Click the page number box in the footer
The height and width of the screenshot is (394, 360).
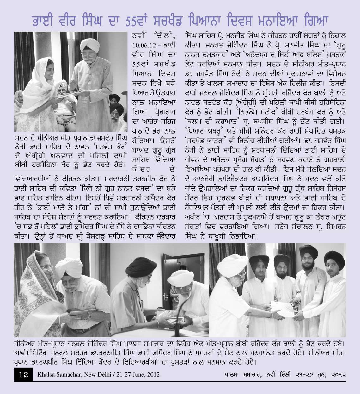(23, 375)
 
